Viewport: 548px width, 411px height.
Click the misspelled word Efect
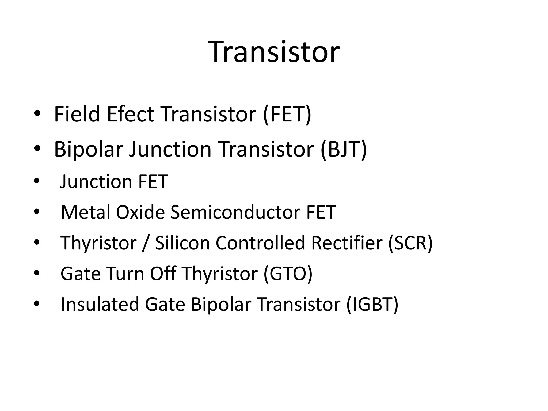(x=130, y=114)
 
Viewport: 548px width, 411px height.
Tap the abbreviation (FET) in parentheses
(x=287, y=114)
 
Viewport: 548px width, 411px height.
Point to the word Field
(x=77, y=114)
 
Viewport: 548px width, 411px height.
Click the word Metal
(x=86, y=212)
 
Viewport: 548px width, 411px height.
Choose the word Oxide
(x=140, y=212)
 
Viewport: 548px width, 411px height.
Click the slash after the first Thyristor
(x=145, y=243)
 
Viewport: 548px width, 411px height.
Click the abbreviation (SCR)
(x=410, y=243)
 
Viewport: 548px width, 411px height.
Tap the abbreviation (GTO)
(x=288, y=274)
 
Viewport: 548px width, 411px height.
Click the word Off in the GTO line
(x=163, y=274)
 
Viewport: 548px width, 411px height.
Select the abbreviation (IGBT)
(x=372, y=305)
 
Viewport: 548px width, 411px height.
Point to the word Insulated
(x=100, y=305)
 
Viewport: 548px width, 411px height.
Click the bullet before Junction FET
(x=37, y=181)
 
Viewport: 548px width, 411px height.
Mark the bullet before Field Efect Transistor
(x=37, y=114)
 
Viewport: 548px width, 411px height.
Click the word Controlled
(x=260, y=243)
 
